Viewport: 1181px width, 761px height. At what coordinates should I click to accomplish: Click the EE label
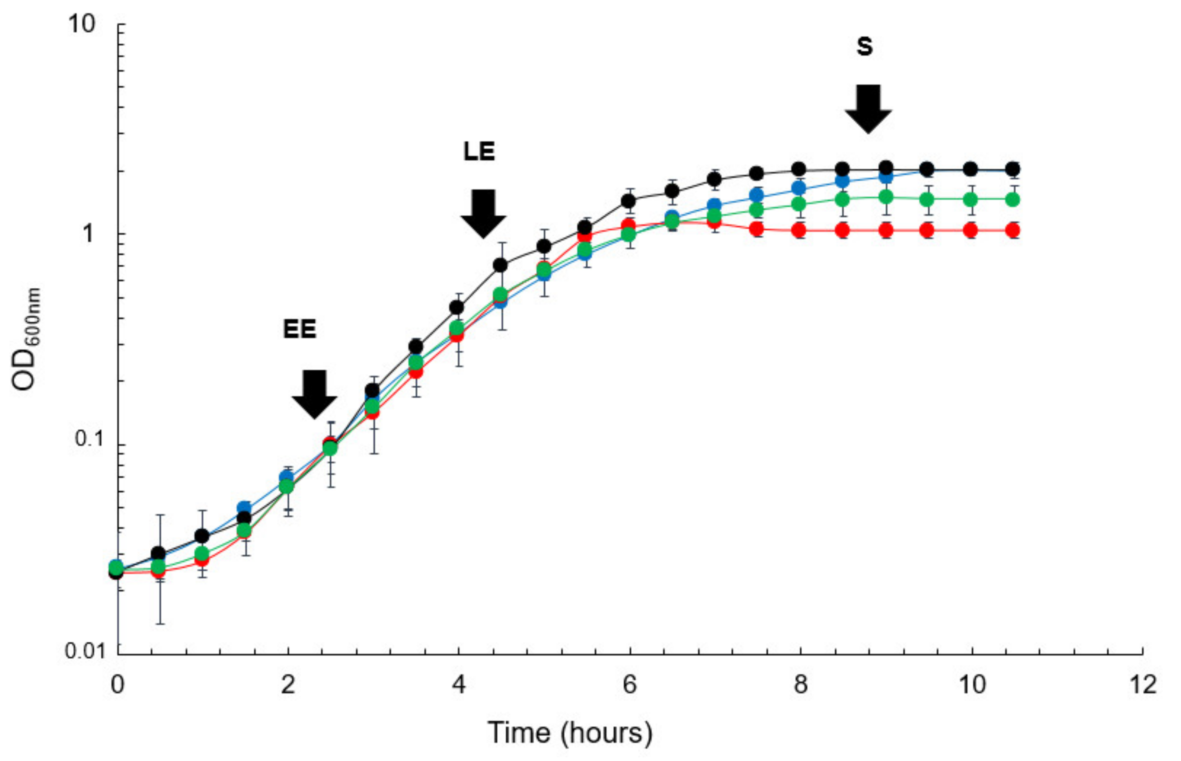point(299,329)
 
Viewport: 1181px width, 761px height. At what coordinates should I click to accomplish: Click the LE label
point(479,151)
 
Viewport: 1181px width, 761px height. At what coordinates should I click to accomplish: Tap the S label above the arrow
point(865,46)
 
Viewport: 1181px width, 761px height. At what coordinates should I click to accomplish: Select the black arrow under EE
point(314,394)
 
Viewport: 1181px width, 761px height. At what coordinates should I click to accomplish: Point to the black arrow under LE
point(483,214)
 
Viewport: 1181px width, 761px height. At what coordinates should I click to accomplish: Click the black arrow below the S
point(868,109)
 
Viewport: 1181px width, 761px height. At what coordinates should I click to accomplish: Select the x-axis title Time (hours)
point(570,732)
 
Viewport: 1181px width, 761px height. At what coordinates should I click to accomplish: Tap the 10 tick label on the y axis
point(82,24)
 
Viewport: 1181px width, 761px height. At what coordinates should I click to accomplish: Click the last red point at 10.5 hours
point(1013,230)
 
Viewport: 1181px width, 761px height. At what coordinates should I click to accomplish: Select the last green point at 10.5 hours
point(1013,200)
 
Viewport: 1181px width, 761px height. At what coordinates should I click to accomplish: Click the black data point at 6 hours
point(628,201)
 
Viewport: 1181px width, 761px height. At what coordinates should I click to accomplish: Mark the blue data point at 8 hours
point(799,188)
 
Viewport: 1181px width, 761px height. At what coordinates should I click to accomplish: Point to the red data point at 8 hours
point(799,230)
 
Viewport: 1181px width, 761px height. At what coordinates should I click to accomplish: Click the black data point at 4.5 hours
point(500,266)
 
